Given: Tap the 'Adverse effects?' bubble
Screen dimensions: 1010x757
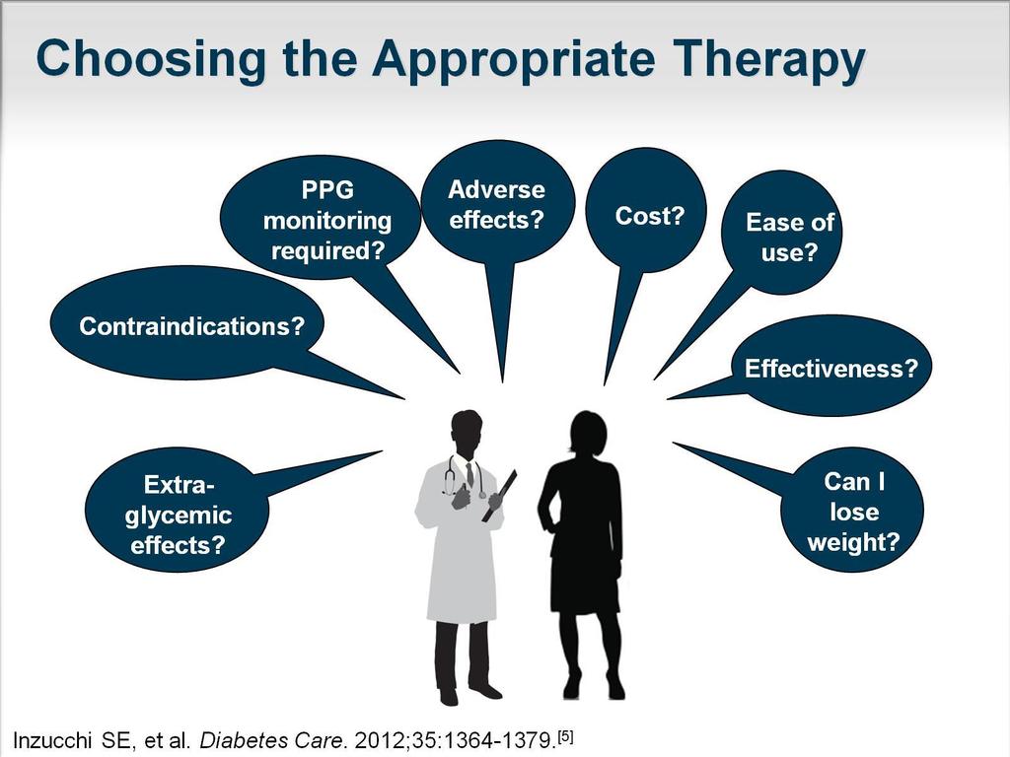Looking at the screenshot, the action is (x=497, y=203).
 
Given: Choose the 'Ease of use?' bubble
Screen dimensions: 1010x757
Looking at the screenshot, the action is (x=782, y=233).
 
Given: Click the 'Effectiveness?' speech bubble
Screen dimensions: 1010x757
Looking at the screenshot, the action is (x=830, y=366).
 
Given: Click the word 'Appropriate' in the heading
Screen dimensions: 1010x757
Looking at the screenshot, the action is (x=513, y=59).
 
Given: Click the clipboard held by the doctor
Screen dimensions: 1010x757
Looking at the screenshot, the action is (x=499, y=497).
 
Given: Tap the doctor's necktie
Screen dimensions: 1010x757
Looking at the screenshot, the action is (x=470, y=475).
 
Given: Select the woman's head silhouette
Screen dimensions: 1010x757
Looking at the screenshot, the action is (x=587, y=433).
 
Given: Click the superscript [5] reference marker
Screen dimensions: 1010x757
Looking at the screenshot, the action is (x=565, y=735).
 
